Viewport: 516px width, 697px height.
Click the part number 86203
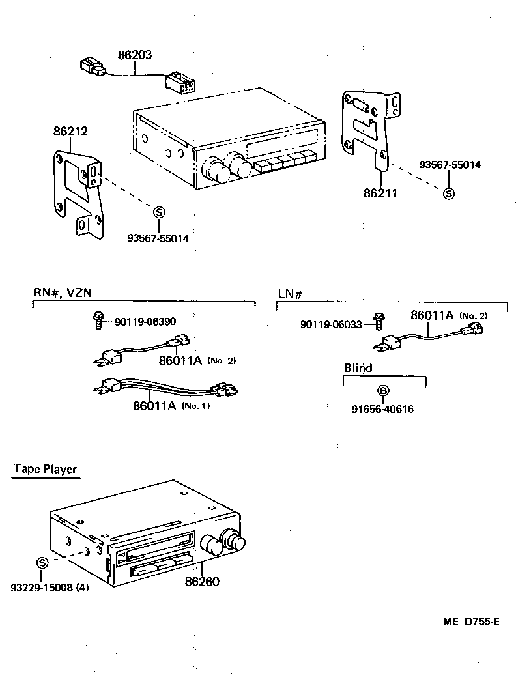(135, 55)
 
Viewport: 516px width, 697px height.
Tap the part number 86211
(381, 193)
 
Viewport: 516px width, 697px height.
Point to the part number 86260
(203, 582)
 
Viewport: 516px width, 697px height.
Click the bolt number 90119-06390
(145, 321)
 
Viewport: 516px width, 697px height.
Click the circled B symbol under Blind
(384, 390)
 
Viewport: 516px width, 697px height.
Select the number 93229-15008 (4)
(50, 588)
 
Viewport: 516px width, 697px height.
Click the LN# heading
(291, 293)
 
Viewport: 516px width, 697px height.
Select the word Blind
(358, 368)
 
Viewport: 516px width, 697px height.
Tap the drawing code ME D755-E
(472, 621)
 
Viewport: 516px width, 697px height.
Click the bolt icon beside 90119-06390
(98, 319)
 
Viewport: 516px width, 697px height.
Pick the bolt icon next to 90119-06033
(378, 321)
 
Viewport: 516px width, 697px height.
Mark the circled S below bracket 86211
(448, 193)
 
